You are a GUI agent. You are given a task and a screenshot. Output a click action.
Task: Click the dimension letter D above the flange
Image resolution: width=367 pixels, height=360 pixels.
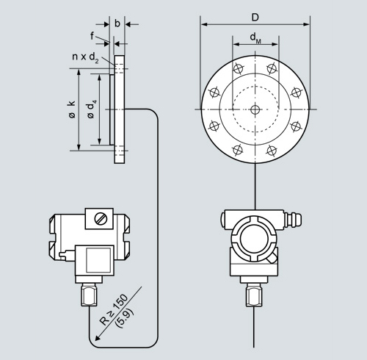pos(255,18)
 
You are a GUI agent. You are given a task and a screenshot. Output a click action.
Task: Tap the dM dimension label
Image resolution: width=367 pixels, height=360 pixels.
pos(255,37)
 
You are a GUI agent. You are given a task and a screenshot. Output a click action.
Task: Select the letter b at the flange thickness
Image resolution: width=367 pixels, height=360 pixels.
pos(117,24)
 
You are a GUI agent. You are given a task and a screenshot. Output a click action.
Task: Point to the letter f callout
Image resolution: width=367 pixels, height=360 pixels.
pos(92,36)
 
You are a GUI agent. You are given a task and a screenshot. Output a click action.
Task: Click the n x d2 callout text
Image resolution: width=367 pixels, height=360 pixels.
pos(85,57)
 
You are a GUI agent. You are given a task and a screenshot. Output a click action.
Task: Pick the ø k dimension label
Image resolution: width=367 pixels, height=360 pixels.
pos(72,109)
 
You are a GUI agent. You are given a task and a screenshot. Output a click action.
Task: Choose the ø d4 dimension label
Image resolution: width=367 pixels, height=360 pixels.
pos(91,109)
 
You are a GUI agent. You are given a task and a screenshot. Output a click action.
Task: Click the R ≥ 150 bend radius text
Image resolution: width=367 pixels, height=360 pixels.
pos(114,309)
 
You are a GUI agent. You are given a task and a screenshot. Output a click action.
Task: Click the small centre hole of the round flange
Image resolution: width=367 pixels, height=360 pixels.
pos(255,109)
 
